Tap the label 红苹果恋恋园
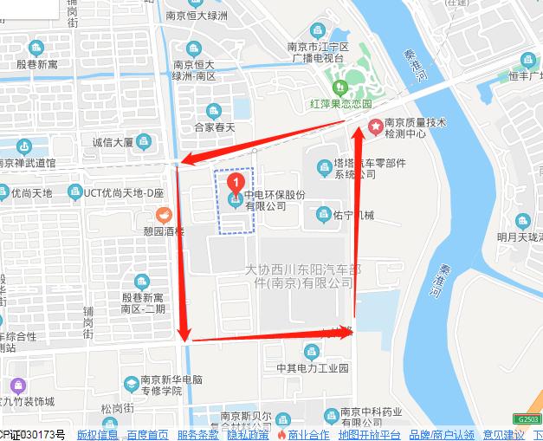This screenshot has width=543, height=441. [x=340, y=103]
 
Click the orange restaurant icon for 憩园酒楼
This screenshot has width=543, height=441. [x=161, y=215]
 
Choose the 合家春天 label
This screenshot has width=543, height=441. [x=215, y=127]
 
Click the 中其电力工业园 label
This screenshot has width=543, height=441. [x=313, y=367]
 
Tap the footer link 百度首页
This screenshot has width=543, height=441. [x=147, y=434]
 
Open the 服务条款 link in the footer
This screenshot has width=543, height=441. [x=197, y=434]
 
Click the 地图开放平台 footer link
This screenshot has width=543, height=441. [x=369, y=434]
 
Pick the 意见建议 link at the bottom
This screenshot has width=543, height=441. [x=504, y=434]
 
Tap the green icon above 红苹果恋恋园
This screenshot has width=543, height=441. [x=340, y=87]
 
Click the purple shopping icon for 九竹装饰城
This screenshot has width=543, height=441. [x=18, y=385]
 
